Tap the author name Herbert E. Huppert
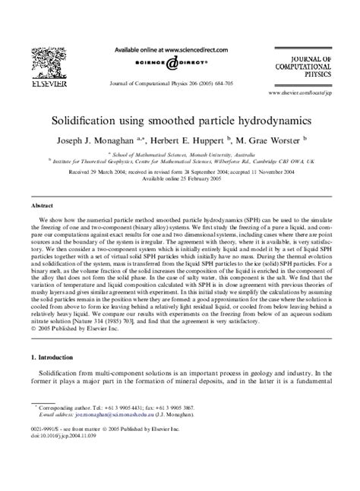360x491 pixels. coord(196,141)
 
